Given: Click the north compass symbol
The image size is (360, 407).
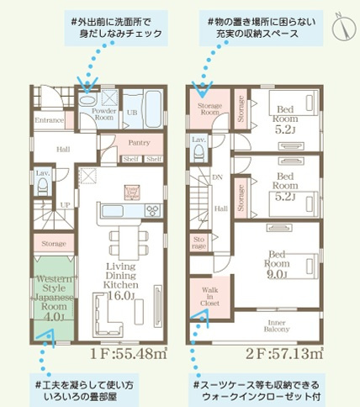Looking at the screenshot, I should pos(341,27).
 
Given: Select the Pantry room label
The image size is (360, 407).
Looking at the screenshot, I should pos(139,143).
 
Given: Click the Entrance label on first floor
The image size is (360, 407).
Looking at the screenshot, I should pos(50,121).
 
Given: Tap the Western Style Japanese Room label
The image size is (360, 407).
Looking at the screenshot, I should pos(55,295).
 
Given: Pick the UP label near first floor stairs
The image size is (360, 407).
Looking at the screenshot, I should pos(65,204).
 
